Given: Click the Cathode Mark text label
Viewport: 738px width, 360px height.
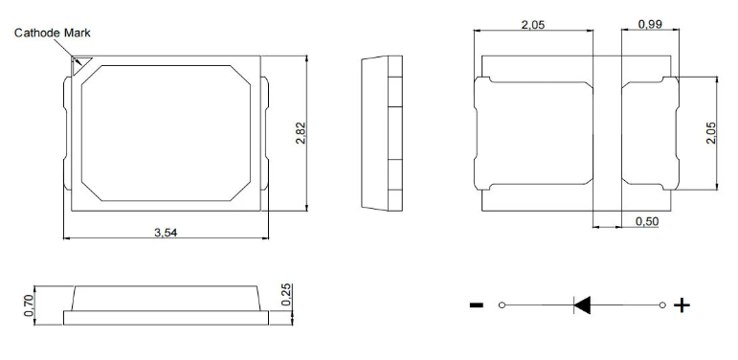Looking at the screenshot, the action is pos(53,33).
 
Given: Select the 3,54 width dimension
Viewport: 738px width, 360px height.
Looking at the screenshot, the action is pos(166,232).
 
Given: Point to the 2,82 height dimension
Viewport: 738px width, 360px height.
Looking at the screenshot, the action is pos(301,133).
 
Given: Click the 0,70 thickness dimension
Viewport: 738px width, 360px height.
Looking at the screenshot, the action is pos(29,305).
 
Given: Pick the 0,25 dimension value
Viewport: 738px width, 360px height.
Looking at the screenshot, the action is pos(286,295).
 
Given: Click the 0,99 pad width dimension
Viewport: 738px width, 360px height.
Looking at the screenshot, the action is pos(650,24).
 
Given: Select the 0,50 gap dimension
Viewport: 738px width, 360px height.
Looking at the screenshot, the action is pos(647,221).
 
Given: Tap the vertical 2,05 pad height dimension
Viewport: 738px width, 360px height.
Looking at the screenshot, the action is pos(710,133).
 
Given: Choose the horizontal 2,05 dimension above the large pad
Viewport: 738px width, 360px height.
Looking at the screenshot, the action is pos(533,25).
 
